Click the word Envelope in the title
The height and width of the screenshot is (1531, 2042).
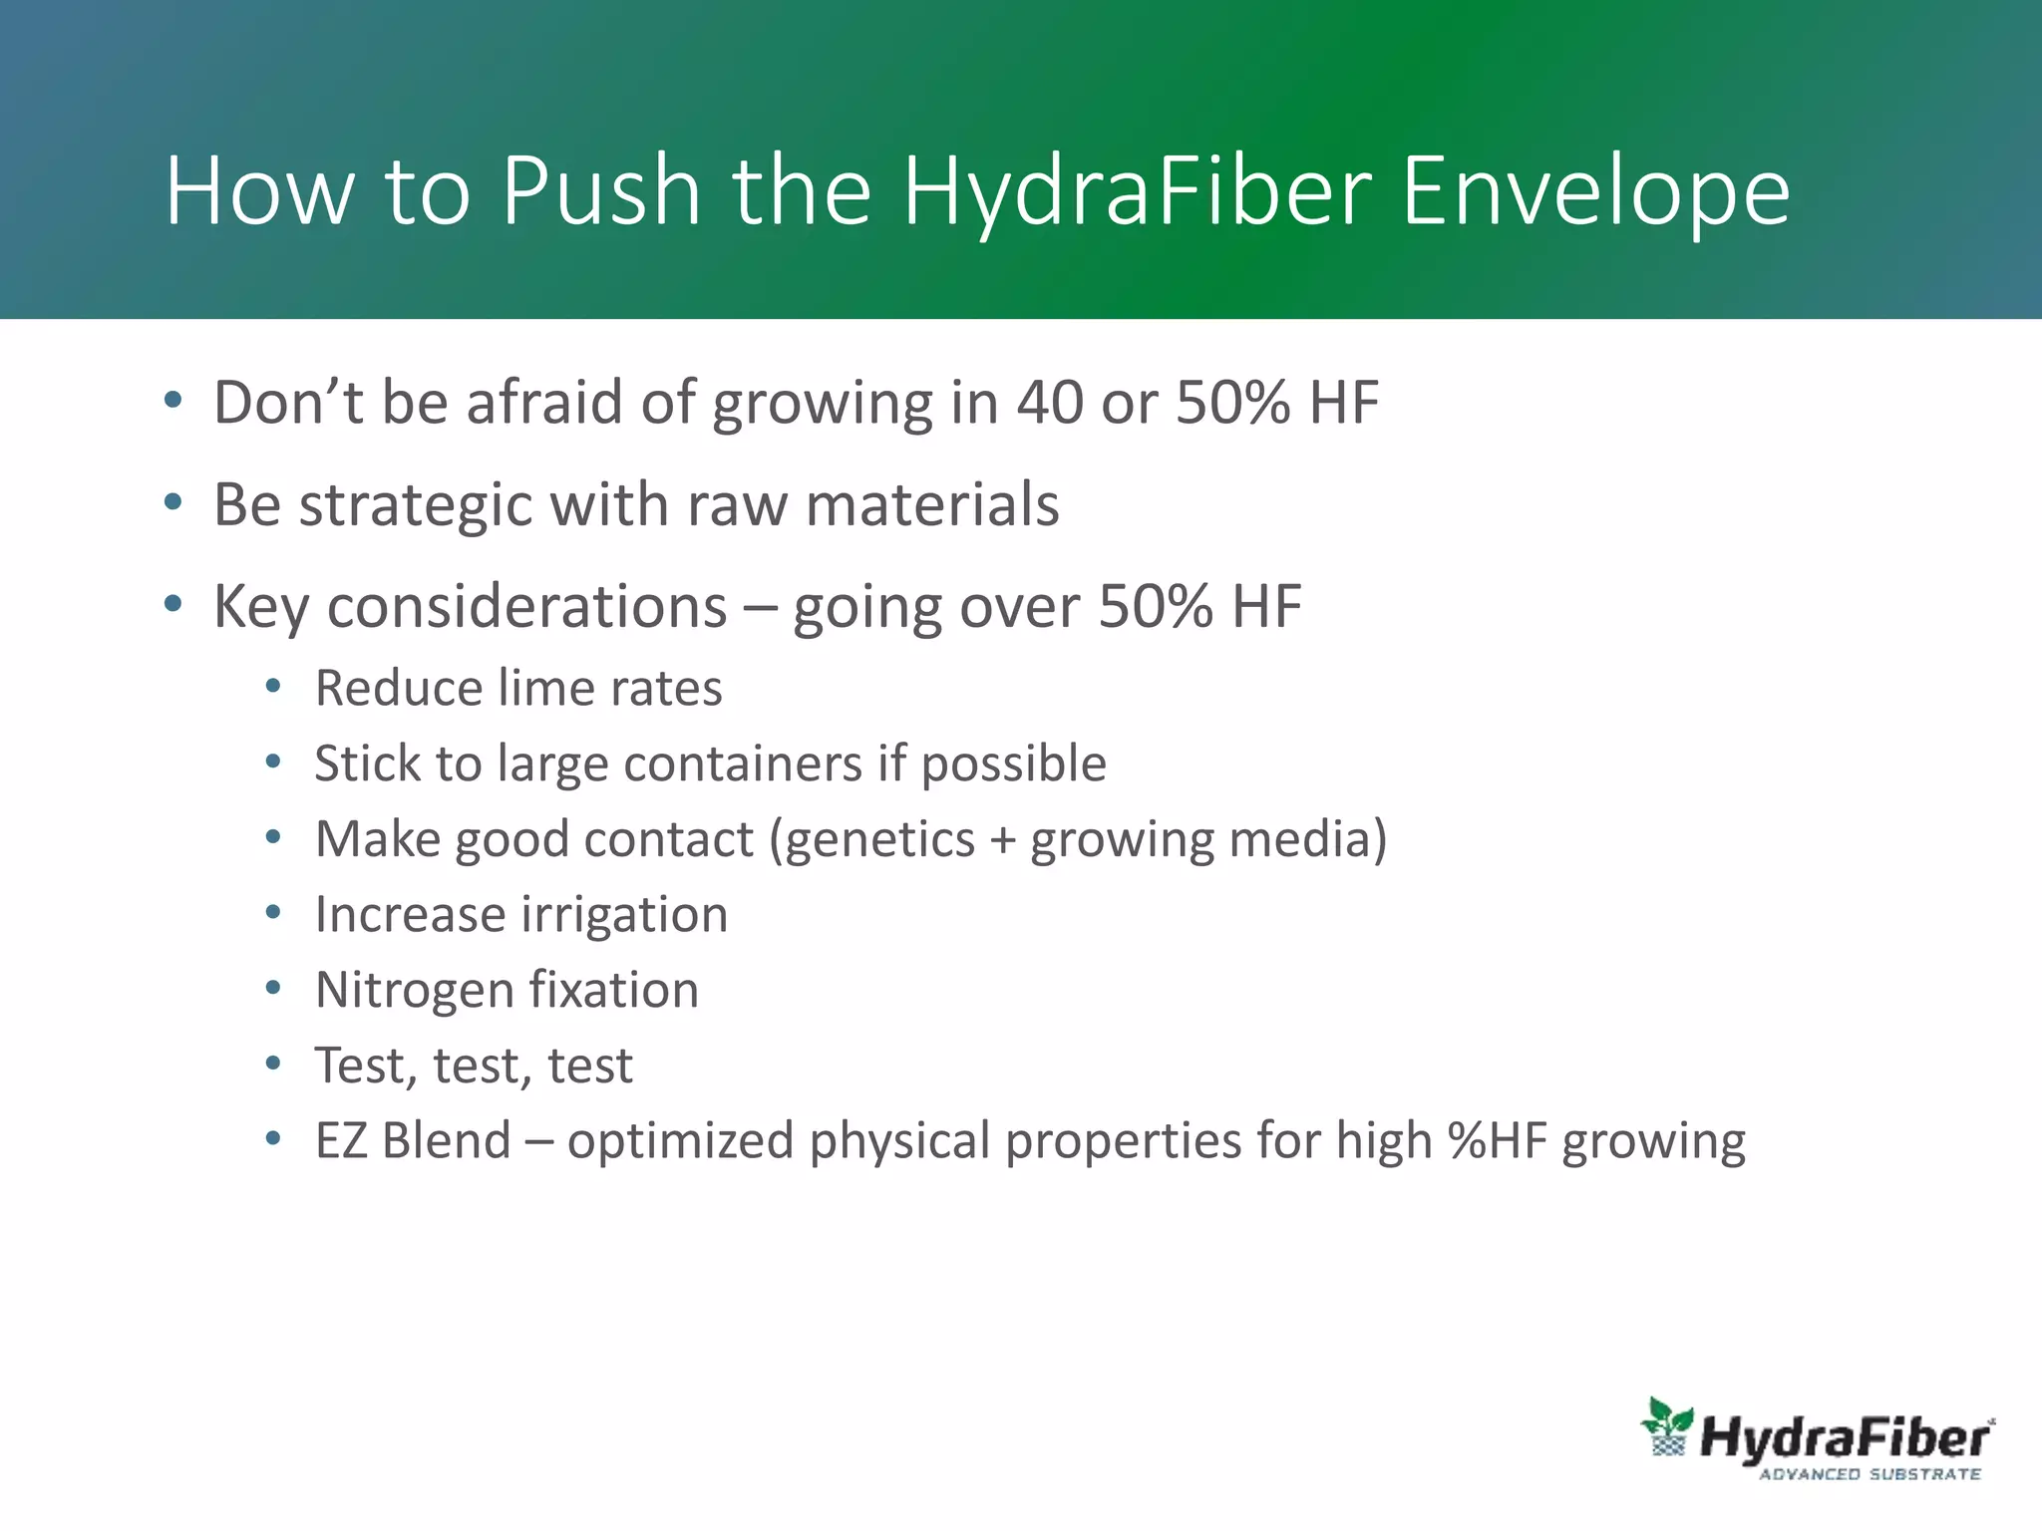[x=1595, y=191]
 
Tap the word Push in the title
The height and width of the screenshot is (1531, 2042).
[x=601, y=191]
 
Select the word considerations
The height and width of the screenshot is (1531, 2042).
[x=526, y=607]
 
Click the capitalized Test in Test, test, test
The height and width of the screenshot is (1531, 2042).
[x=360, y=1066]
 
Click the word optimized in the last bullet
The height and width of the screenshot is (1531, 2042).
[x=679, y=1141]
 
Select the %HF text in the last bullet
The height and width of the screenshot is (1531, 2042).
[x=1498, y=1141]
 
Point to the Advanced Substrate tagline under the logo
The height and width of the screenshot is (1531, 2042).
[x=1870, y=1474]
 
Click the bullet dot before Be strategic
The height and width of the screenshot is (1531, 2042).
[x=173, y=502]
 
